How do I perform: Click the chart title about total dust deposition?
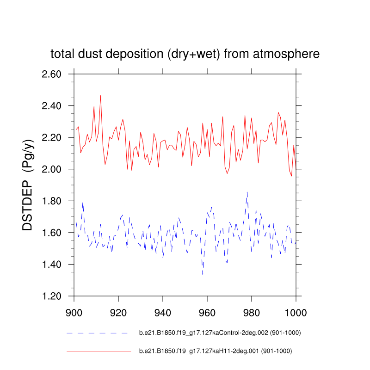point(185,54)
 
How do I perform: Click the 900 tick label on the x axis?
point(74,312)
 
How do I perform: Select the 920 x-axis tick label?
point(118,312)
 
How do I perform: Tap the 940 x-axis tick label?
point(163,312)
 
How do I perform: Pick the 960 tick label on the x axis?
point(207,312)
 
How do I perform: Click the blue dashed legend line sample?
point(97,333)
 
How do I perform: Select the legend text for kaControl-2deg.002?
point(216,333)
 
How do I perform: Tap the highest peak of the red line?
point(100,96)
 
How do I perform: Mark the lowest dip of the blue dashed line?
point(203,274)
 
